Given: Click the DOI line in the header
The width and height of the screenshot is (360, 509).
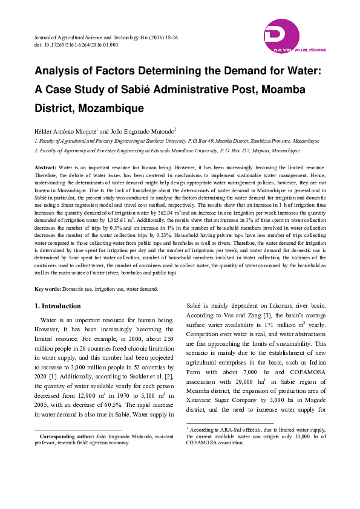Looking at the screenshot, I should tap(76, 45).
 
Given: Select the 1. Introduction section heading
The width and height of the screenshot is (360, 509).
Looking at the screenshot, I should tap(57, 306).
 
